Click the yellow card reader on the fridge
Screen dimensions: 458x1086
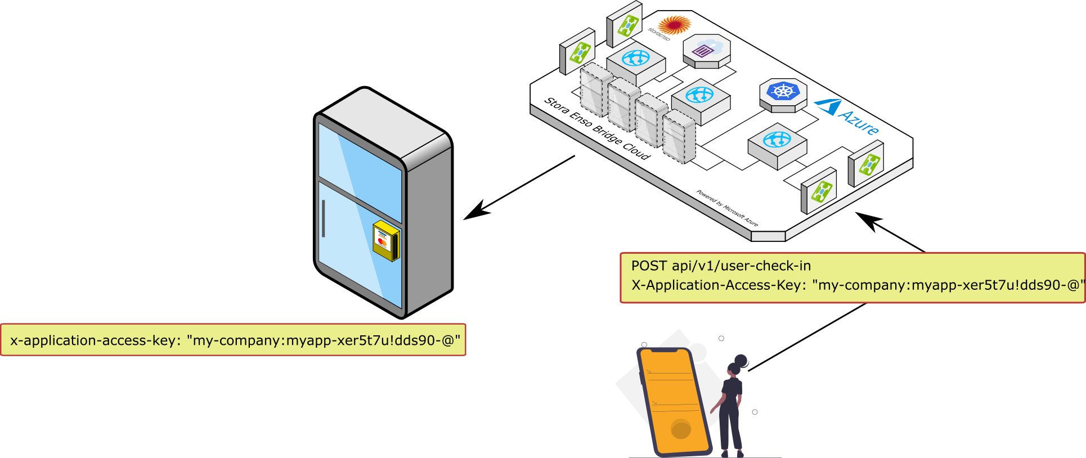[386, 240]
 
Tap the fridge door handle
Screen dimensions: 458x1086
[323, 218]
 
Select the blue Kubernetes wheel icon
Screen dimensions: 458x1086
[783, 91]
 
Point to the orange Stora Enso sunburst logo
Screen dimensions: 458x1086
[674, 25]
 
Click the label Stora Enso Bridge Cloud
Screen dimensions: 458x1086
[596, 129]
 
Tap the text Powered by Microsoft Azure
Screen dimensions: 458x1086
[727, 208]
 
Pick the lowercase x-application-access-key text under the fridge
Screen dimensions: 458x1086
[93, 340]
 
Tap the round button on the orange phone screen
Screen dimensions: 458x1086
[681, 430]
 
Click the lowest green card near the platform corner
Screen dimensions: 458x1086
[820, 192]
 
